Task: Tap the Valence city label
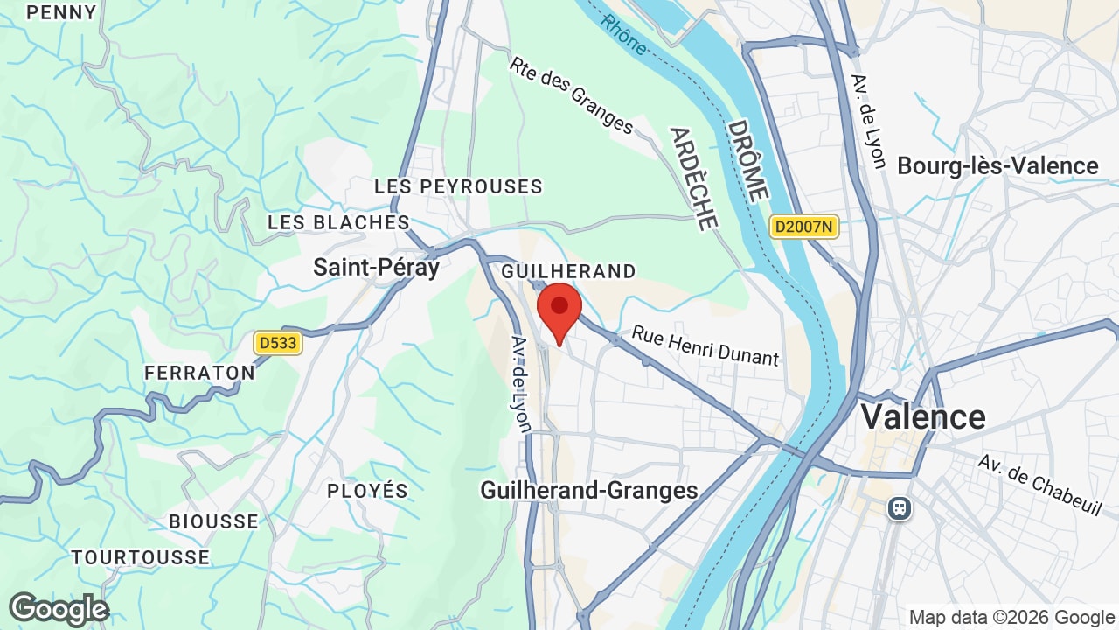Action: pyautogui.click(x=923, y=416)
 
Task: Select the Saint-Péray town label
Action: pyautogui.click(x=376, y=267)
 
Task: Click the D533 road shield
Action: pyautogui.click(x=278, y=343)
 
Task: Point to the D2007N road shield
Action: pyautogui.click(x=803, y=227)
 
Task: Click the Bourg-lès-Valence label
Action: pyautogui.click(x=997, y=165)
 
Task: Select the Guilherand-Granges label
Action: pyautogui.click(x=589, y=491)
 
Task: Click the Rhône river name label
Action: pyautogui.click(x=624, y=34)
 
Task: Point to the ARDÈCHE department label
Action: pyautogui.click(x=693, y=178)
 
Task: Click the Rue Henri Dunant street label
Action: pyautogui.click(x=705, y=346)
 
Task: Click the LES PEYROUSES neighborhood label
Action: pyautogui.click(x=458, y=186)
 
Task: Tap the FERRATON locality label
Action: pyautogui.click(x=199, y=373)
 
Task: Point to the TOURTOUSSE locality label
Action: pyautogui.click(x=141, y=557)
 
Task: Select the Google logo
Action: pyautogui.click(x=59, y=609)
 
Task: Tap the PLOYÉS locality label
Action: pyautogui.click(x=367, y=491)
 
